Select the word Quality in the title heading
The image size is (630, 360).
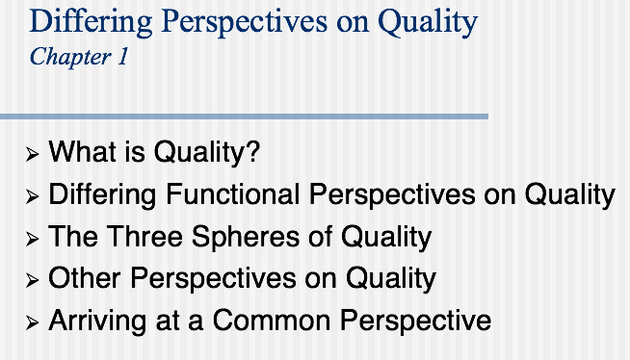click(424, 21)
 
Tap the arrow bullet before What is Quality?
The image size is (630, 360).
click(34, 154)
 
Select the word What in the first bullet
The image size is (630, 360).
click(77, 152)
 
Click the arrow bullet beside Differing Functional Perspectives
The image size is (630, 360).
click(34, 196)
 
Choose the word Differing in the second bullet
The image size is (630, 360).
click(101, 194)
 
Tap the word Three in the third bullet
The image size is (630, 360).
click(143, 236)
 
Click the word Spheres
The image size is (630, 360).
click(233, 237)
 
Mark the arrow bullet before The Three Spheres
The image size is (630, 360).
click(34, 239)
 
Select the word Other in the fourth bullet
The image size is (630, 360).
click(85, 278)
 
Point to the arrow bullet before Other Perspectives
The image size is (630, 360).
click(34, 280)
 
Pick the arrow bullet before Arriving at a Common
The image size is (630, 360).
click(34, 322)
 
